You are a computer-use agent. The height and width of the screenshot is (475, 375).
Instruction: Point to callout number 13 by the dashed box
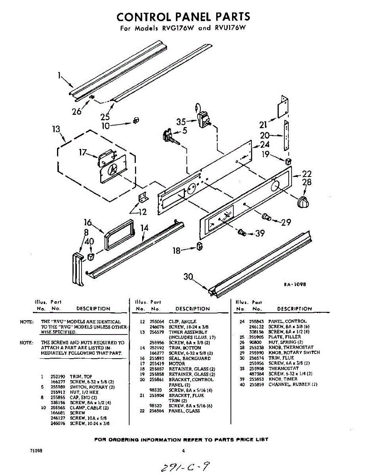tap(57, 129)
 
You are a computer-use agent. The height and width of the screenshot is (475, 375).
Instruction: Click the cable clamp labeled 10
tap(136, 120)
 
